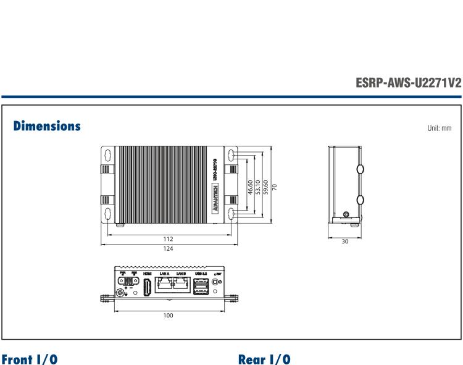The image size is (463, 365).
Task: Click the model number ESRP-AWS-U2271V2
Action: (408, 83)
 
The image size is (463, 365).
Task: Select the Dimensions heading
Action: (47, 126)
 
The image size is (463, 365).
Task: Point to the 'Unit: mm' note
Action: (439, 128)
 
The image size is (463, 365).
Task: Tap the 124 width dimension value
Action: (168, 249)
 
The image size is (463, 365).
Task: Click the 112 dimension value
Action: (168, 239)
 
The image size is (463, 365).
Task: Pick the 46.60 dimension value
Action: (250, 187)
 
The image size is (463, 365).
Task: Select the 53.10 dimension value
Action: (257, 187)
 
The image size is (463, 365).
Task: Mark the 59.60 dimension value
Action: (265, 187)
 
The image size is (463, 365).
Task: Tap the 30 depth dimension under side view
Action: (344, 241)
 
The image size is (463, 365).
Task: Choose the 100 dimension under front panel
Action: (168, 316)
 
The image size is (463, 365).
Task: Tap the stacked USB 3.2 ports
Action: (201, 287)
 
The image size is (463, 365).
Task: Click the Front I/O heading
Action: (31, 359)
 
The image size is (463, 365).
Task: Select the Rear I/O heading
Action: (264, 359)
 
